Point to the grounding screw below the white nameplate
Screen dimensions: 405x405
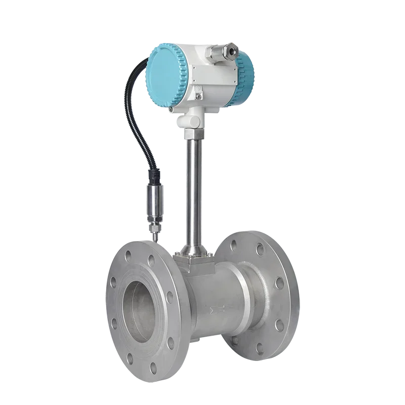pyautogui.click(x=199, y=94)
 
